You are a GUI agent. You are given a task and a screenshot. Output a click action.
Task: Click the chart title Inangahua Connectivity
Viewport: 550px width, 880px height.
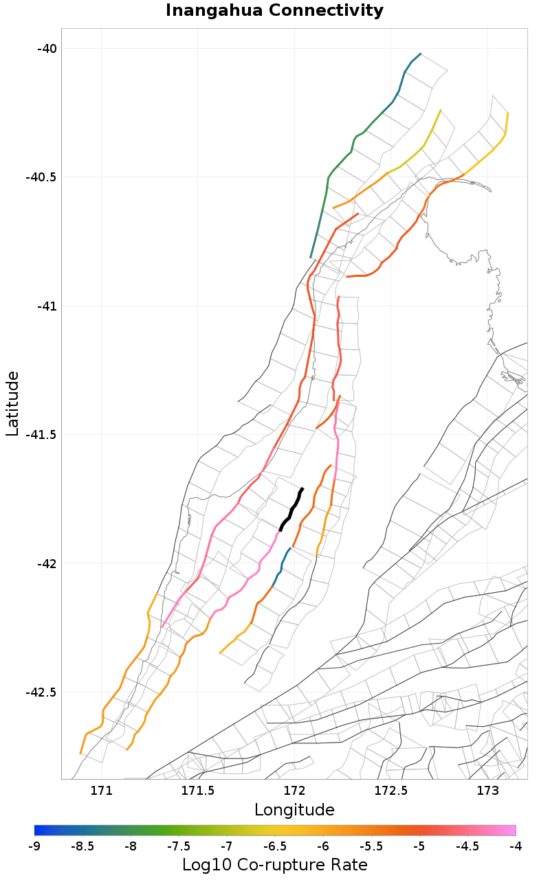click(x=274, y=11)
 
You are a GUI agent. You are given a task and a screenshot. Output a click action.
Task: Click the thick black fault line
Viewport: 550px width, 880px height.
click(x=291, y=509)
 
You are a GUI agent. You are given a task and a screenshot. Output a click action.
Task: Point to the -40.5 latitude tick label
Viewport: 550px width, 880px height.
click(x=41, y=177)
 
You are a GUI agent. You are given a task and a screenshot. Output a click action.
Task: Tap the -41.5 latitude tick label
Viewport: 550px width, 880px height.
click(x=41, y=435)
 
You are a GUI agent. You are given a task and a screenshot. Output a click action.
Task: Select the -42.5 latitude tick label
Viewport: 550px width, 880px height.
click(x=41, y=692)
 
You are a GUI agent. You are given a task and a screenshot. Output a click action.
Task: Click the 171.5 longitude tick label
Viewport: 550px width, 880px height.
click(x=198, y=791)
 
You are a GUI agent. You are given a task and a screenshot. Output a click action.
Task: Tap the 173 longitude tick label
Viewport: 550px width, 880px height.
click(x=487, y=791)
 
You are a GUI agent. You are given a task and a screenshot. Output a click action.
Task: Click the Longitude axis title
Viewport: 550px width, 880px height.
click(x=294, y=810)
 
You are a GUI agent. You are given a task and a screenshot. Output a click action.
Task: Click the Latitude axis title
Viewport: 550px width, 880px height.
click(x=12, y=403)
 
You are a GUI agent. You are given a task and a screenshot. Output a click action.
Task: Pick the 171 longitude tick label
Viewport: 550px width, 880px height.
click(x=102, y=791)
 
